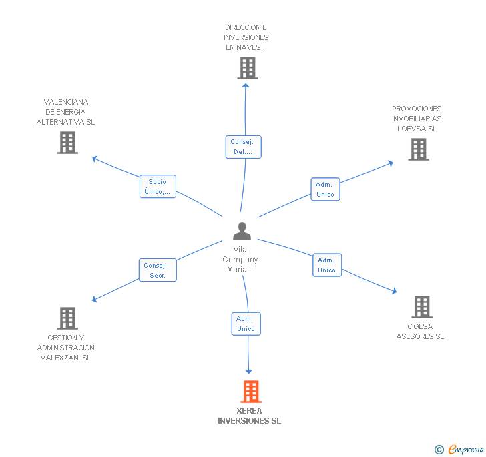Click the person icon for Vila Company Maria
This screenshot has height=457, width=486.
coord(242,231)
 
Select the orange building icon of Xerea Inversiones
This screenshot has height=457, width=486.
coord(250,392)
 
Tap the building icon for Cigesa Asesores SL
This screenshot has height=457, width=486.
coord(421,307)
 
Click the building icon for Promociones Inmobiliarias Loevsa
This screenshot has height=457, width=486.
coord(418,149)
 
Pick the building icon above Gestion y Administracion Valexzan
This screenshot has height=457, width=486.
coord(67,318)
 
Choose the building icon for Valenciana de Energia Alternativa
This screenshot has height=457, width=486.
coord(67,143)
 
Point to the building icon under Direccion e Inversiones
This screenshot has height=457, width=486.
coord(247,68)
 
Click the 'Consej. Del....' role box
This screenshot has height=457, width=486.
coord(243,147)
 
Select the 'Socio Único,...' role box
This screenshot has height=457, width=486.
coord(158,187)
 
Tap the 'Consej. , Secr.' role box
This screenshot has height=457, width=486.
coord(158,270)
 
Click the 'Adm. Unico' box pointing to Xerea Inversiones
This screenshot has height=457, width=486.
coord(246,324)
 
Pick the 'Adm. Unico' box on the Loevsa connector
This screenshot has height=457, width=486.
coord(326,189)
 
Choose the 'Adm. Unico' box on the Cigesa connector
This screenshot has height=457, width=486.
coord(327,265)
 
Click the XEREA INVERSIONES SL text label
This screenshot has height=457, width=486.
coord(249,416)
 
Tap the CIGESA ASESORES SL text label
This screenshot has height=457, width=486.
coord(420,332)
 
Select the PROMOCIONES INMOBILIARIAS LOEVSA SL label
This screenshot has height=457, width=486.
coord(417,119)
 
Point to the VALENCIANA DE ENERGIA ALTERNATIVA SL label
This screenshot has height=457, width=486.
coord(66,112)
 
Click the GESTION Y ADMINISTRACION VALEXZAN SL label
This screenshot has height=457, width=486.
coord(66,348)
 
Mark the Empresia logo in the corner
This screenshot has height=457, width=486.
coord(460,450)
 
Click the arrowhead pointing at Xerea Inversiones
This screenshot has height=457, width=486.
coord(249,370)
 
